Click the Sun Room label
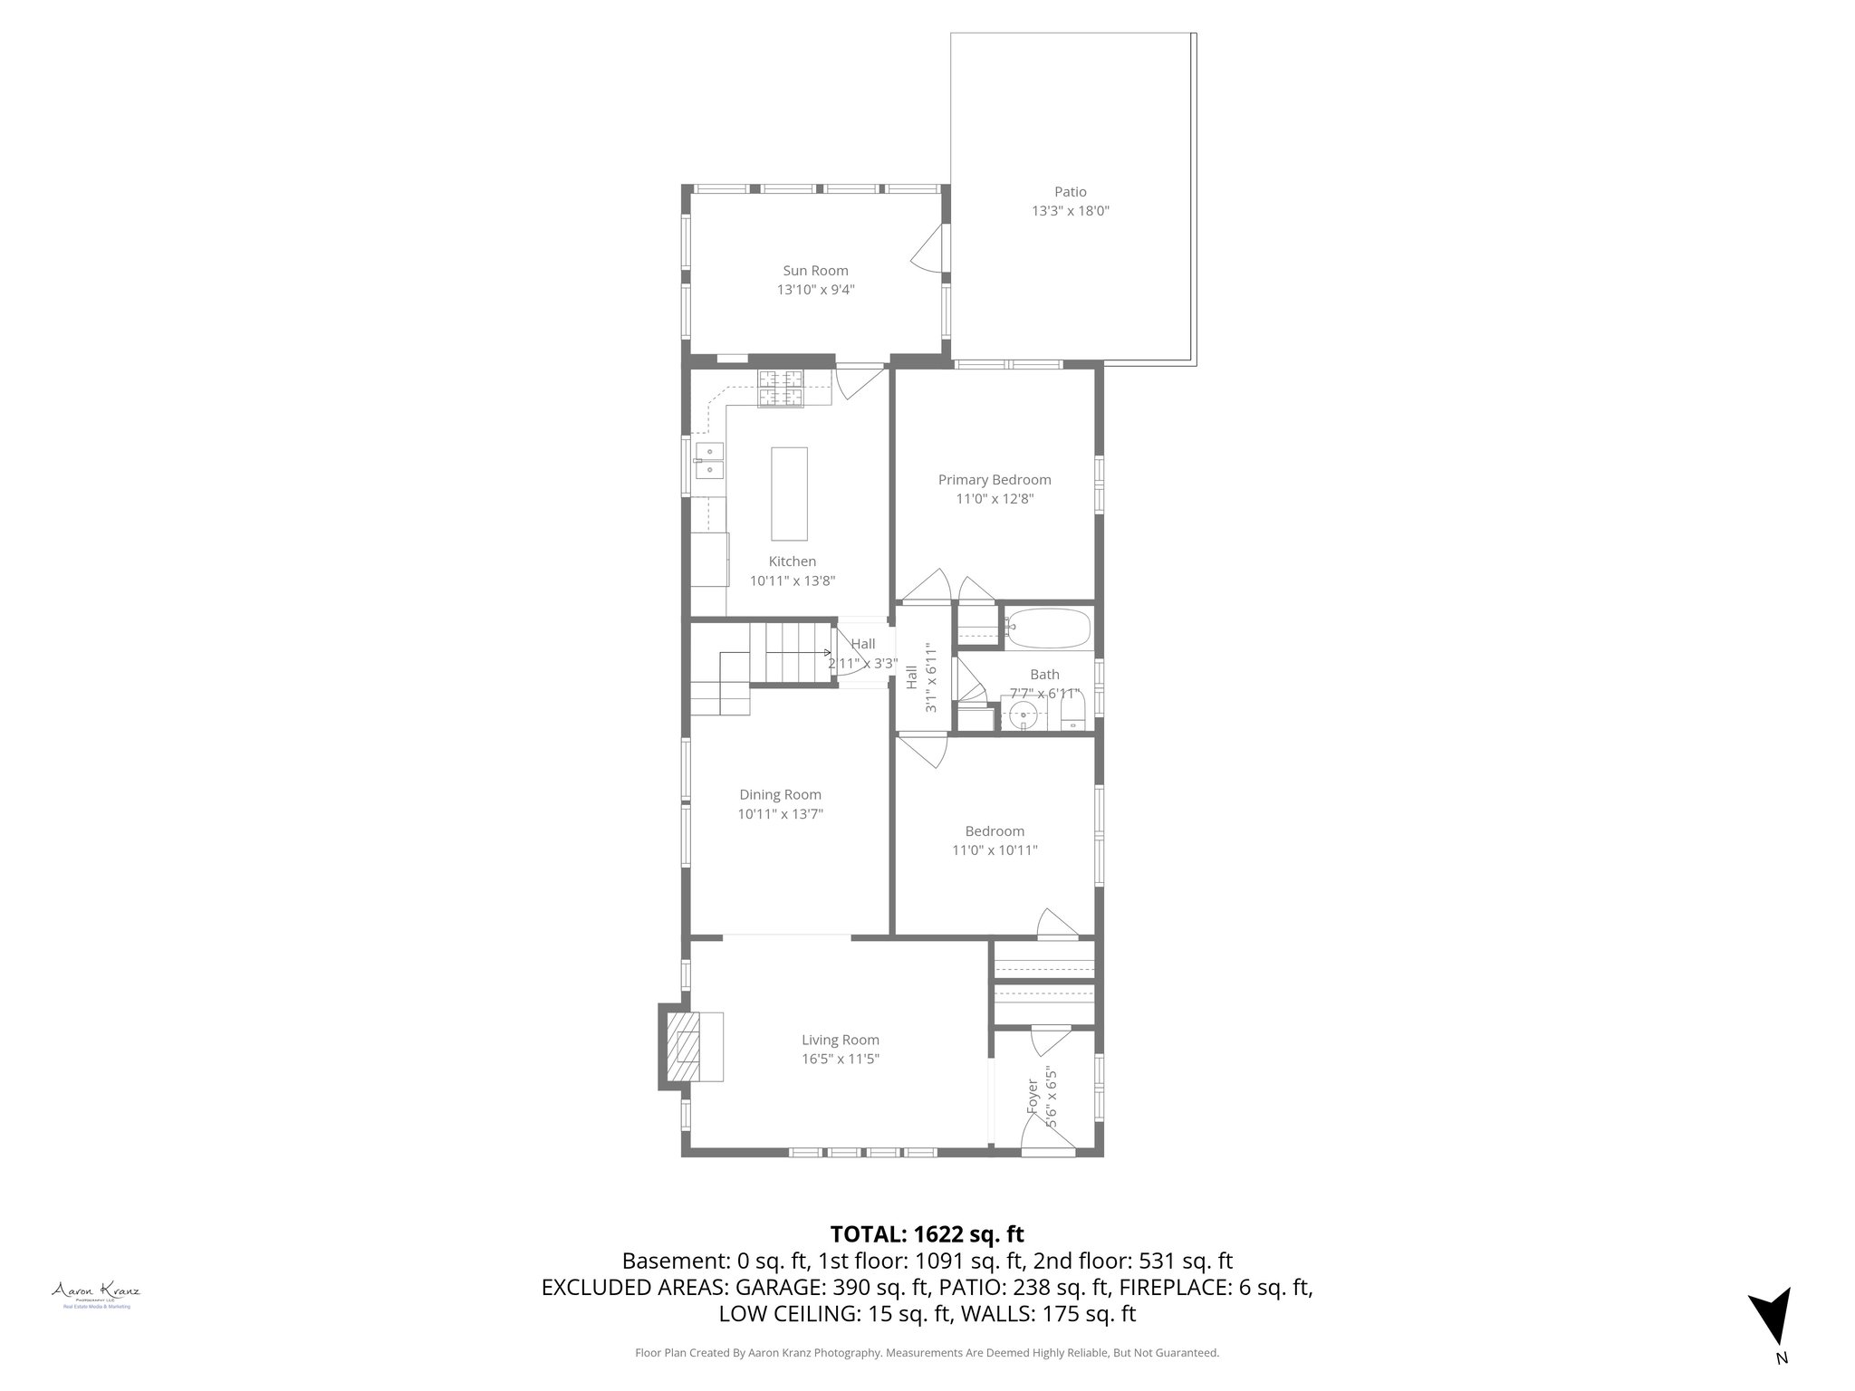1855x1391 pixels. [815, 270]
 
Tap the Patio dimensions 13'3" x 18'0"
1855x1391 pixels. [1070, 211]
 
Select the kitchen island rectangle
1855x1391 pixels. [789, 493]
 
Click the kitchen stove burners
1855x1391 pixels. [781, 389]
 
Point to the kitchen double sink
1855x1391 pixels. [708, 459]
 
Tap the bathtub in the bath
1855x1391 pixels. [1049, 628]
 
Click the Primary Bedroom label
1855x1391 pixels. [994, 480]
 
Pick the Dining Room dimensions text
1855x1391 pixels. [780, 814]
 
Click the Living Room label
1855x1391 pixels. [840, 1040]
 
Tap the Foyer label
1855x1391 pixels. [1032, 1097]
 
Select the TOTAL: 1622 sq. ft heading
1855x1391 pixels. [927, 1233]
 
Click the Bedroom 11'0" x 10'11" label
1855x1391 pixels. [994, 840]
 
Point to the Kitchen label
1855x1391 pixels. [792, 561]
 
